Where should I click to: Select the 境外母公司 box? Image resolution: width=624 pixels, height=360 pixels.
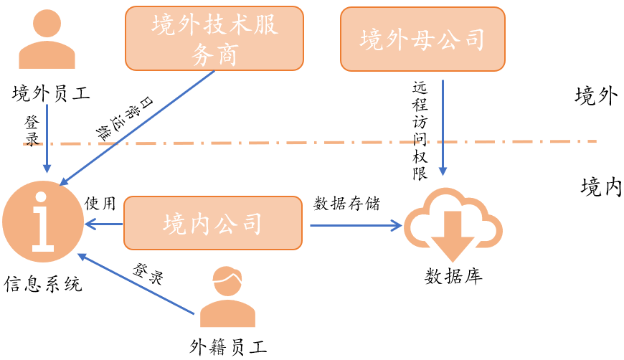(422, 39)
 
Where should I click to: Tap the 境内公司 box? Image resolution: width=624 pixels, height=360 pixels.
(212, 223)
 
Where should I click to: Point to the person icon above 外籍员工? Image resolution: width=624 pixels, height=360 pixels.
(227, 296)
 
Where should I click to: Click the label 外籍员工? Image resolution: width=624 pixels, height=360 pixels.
(229, 348)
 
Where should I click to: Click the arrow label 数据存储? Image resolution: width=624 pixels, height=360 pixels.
(347, 203)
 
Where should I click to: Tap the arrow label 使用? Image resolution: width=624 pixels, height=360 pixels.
(100, 203)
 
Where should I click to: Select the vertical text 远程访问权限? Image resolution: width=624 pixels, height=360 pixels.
(420, 131)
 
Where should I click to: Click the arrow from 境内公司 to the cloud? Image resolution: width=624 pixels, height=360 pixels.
(355, 226)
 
